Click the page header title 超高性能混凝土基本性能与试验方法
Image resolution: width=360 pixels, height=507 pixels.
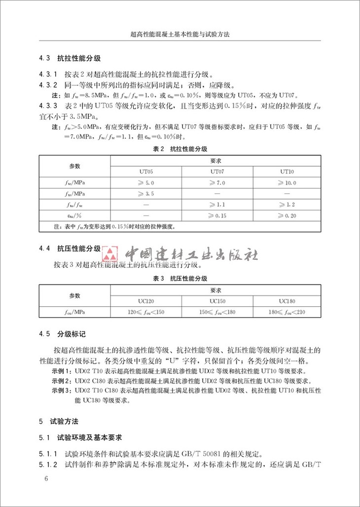180,36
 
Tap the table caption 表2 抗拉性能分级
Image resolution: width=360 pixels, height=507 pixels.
180,148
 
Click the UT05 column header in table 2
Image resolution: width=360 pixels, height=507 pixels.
145,172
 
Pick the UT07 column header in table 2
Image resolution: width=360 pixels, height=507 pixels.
217,172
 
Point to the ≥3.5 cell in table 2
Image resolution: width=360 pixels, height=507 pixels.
145,194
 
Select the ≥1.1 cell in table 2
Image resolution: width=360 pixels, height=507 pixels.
217,205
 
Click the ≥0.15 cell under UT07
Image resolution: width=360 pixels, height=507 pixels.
217,216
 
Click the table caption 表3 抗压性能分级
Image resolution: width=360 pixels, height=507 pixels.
180,279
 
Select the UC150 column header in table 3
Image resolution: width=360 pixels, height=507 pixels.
217,301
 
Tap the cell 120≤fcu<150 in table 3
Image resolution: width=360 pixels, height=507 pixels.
146,312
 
